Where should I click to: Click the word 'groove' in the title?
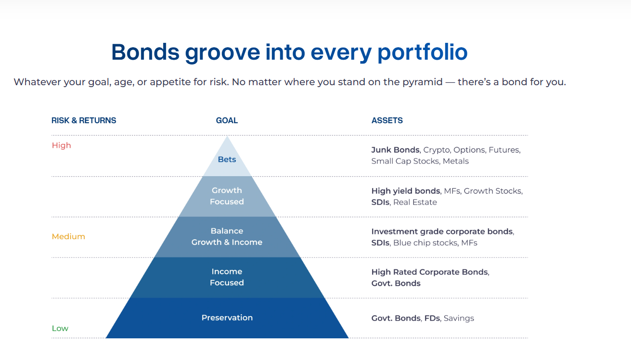point(222,53)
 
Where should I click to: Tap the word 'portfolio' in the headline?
point(423,52)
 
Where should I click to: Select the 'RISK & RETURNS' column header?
point(84,121)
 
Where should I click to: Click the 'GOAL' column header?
point(227,121)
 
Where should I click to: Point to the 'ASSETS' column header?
point(387,121)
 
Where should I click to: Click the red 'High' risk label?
point(62,145)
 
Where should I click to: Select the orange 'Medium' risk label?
point(68,237)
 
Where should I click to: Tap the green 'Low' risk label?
point(60,328)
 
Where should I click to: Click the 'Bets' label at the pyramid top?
point(227,159)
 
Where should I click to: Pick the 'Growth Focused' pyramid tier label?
point(227,196)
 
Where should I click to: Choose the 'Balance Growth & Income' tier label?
point(227,237)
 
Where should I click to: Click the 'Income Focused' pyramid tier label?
point(227,277)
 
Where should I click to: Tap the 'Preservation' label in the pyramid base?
point(227,318)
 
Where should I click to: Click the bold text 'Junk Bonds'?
point(396,150)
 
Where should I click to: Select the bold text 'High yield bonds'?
point(406,191)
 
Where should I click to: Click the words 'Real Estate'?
point(415,202)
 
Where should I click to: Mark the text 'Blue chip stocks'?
point(425,243)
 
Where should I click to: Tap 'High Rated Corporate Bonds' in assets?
point(430,272)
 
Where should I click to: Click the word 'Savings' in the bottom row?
point(459,318)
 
